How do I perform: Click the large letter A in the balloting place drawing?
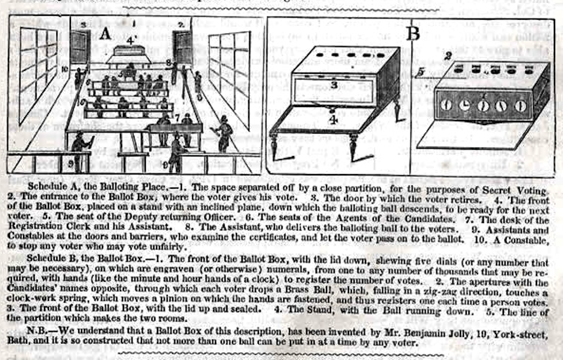(x=105, y=35)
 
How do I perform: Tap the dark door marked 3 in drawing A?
(x=80, y=47)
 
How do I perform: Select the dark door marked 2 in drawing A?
(x=182, y=47)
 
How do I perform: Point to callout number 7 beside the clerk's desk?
(x=176, y=118)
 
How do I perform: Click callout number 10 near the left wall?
(x=65, y=69)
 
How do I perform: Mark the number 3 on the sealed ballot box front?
(x=334, y=85)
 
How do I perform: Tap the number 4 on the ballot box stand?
(x=334, y=120)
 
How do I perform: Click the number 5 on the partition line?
(x=420, y=73)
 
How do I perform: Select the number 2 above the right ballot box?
(x=449, y=55)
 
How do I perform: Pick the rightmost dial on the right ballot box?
(x=521, y=105)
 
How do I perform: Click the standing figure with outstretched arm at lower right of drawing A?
(x=224, y=134)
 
